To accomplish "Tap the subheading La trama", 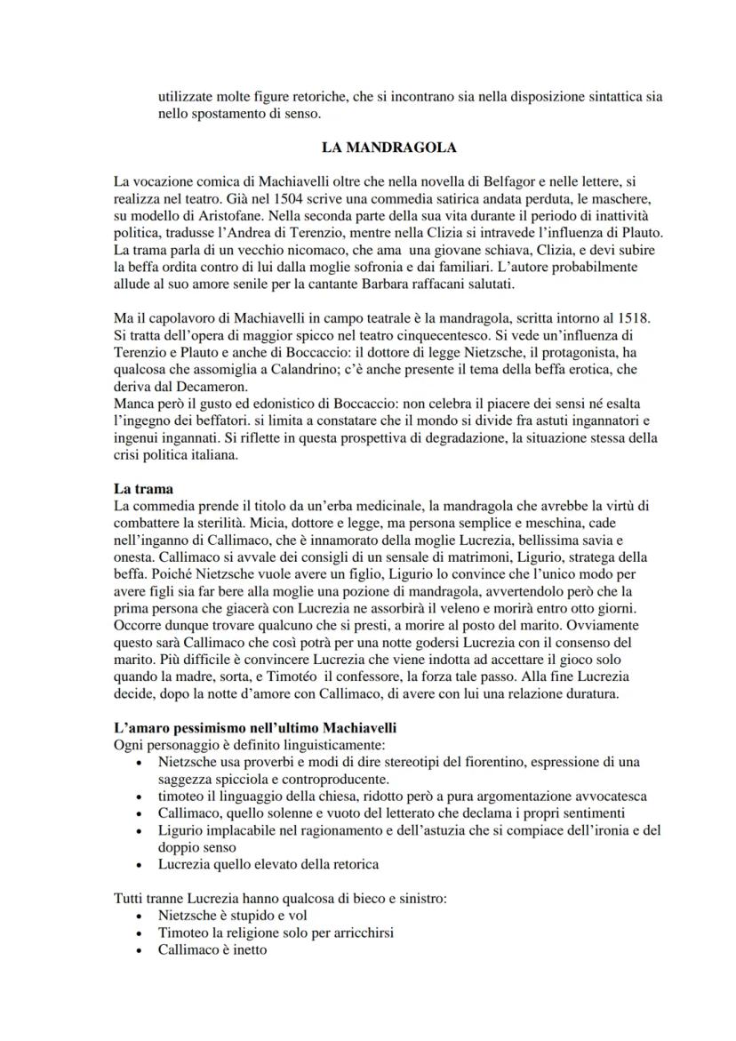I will [143, 488].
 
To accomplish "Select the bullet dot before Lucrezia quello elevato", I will [135, 864].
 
